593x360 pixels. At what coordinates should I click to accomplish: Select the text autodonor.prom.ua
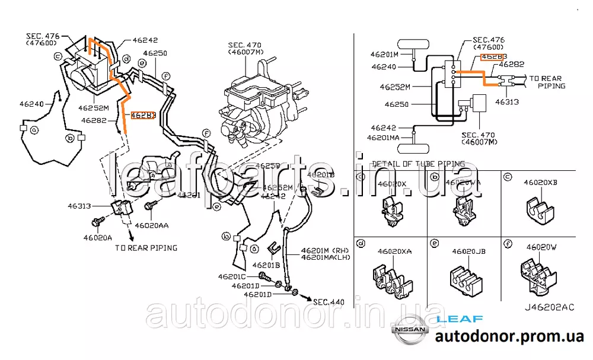[509, 337]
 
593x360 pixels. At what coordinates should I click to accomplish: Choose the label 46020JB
[468, 251]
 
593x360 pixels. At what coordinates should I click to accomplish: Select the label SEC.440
[329, 302]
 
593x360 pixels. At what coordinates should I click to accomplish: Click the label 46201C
[231, 276]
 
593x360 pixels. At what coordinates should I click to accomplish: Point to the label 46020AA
[151, 225]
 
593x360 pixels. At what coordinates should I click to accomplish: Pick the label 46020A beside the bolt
[98, 238]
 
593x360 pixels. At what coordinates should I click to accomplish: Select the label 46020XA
[394, 251]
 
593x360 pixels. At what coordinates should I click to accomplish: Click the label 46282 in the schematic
[511, 64]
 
